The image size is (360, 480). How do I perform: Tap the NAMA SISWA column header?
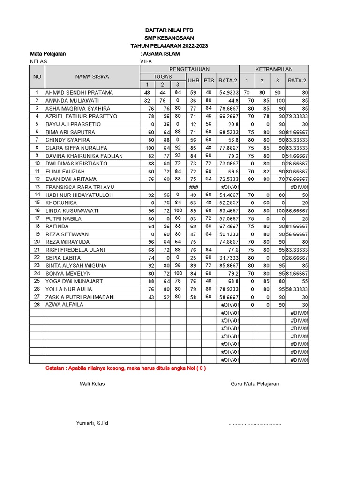[x=92, y=77]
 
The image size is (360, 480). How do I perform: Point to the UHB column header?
[x=193, y=81]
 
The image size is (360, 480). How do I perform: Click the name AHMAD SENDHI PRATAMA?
[x=79, y=93]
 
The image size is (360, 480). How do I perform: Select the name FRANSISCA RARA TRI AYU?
[x=80, y=187]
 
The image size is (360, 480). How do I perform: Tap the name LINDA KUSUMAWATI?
[x=72, y=210]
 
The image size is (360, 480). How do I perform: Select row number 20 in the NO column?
[x=36, y=242]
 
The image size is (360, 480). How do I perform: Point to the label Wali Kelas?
[x=92, y=383]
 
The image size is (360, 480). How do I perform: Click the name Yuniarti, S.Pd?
[x=92, y=423]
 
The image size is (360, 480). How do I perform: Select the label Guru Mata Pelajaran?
[x=255, y=383]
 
